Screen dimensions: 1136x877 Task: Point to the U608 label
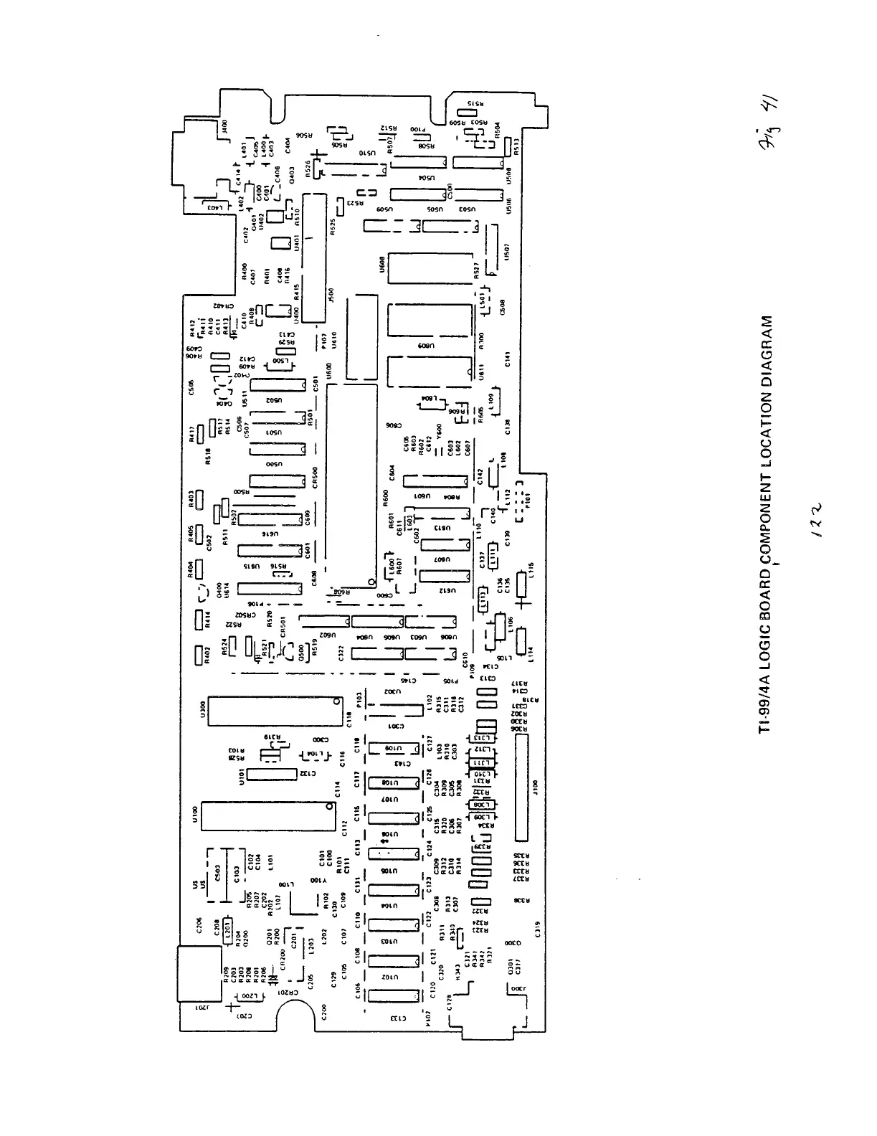click(382, 266)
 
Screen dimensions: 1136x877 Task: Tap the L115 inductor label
click(531, 569)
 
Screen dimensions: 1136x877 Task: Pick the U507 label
click(507, 252)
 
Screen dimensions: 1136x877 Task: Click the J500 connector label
click(331, 295)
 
